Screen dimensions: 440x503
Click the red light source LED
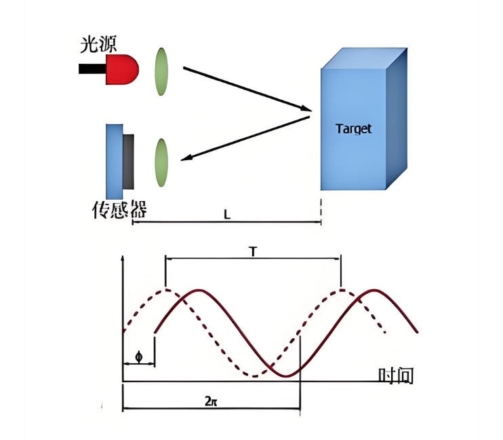(x=123, y=69)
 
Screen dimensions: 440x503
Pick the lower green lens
(x=161, y=162)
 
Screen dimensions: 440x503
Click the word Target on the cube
(x=354, y=128)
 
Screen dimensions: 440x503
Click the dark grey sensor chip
(x=129, y=162)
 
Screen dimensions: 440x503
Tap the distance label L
(x=228, y=214)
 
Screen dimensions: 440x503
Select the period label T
(x=253, y=252)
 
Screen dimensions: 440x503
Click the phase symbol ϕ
(x=139, y=356)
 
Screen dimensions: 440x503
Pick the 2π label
(x=211, y=400)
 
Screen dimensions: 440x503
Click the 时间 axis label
(x=395, y=375)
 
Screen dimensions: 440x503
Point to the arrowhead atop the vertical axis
(x=123, y=259)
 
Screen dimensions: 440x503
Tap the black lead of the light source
(x=92, y=69)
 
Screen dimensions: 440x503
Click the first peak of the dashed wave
(x=166, y=290)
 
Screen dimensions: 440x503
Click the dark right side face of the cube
(x=397, y=115)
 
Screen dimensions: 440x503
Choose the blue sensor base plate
(x=114, y=162)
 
